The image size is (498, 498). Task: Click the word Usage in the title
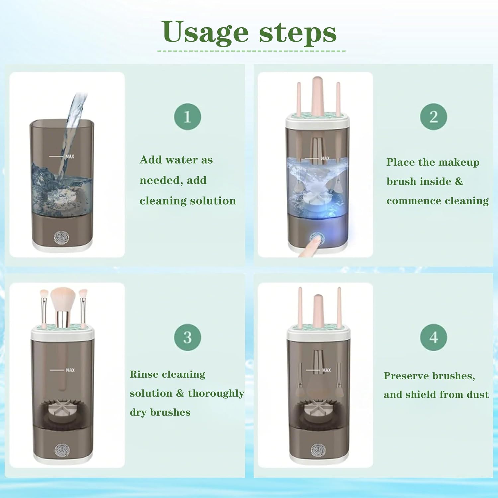tap(205, 33)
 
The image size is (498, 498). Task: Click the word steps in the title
tap(297, 33)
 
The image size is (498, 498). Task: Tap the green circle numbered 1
tap(187, 117)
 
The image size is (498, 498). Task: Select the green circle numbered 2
tap(433, 117)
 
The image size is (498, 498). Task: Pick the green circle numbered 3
tap(187, 337)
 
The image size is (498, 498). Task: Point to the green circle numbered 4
tap(433, 337)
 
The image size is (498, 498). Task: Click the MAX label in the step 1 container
tap(70, 156)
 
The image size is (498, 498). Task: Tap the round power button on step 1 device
tap(62, 238)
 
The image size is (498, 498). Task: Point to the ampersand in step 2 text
tap(459, 181)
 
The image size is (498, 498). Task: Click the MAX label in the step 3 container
tap(70, 370)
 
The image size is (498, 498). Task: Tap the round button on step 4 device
tap(318, 450)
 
